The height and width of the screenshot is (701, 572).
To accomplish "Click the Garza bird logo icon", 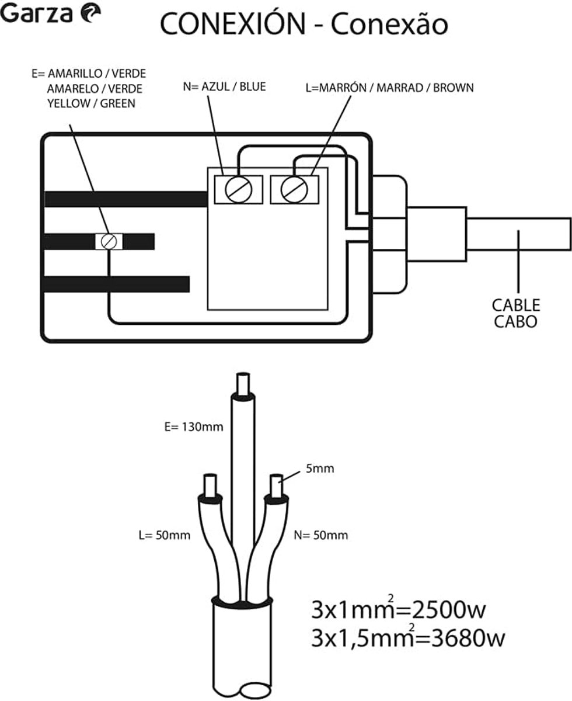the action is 90,14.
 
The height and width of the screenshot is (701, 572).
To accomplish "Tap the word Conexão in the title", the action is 389,24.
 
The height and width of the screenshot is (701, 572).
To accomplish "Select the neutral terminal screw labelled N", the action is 239,189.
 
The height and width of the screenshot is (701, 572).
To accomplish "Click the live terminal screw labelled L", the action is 294,189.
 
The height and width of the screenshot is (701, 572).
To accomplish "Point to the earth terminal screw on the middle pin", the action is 109,241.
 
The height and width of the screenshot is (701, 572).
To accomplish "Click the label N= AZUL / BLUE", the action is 225,87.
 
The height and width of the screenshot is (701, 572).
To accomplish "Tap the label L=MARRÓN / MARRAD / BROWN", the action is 390,88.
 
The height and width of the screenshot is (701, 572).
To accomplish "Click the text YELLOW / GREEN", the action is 92,104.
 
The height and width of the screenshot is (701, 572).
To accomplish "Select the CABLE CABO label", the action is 516,314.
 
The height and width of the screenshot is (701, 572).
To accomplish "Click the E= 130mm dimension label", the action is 194,427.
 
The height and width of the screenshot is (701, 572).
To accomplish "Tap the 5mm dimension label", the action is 320,469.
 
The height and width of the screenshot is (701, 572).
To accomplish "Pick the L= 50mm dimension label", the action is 165,535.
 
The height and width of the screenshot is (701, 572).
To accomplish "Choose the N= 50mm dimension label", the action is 321,535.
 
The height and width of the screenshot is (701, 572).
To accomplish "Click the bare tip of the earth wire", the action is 243,384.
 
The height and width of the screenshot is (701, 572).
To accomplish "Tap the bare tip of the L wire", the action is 210,486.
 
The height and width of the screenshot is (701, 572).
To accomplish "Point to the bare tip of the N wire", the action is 276,486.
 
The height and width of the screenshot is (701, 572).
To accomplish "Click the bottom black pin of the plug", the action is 117,284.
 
